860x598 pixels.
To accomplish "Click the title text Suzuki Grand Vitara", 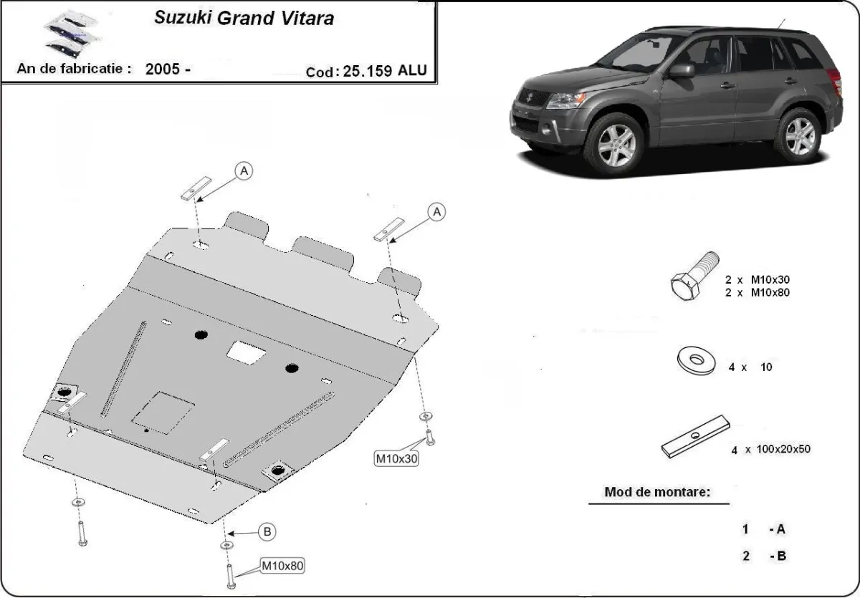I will coord(244,19).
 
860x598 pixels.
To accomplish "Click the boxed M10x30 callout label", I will coord(396,458).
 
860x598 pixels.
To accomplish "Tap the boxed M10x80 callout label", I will coord(282,566).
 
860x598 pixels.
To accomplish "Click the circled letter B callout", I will coord(267,531).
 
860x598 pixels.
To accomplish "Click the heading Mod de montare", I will coord(657,492).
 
